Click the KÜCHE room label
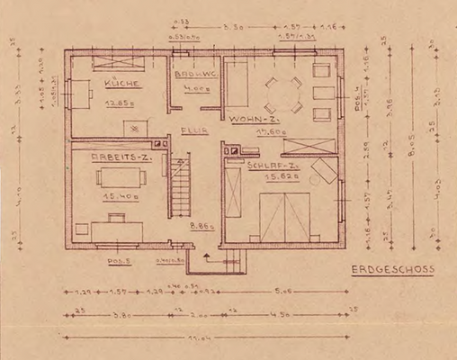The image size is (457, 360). (120, 83)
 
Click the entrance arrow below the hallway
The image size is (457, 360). (207, 256)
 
